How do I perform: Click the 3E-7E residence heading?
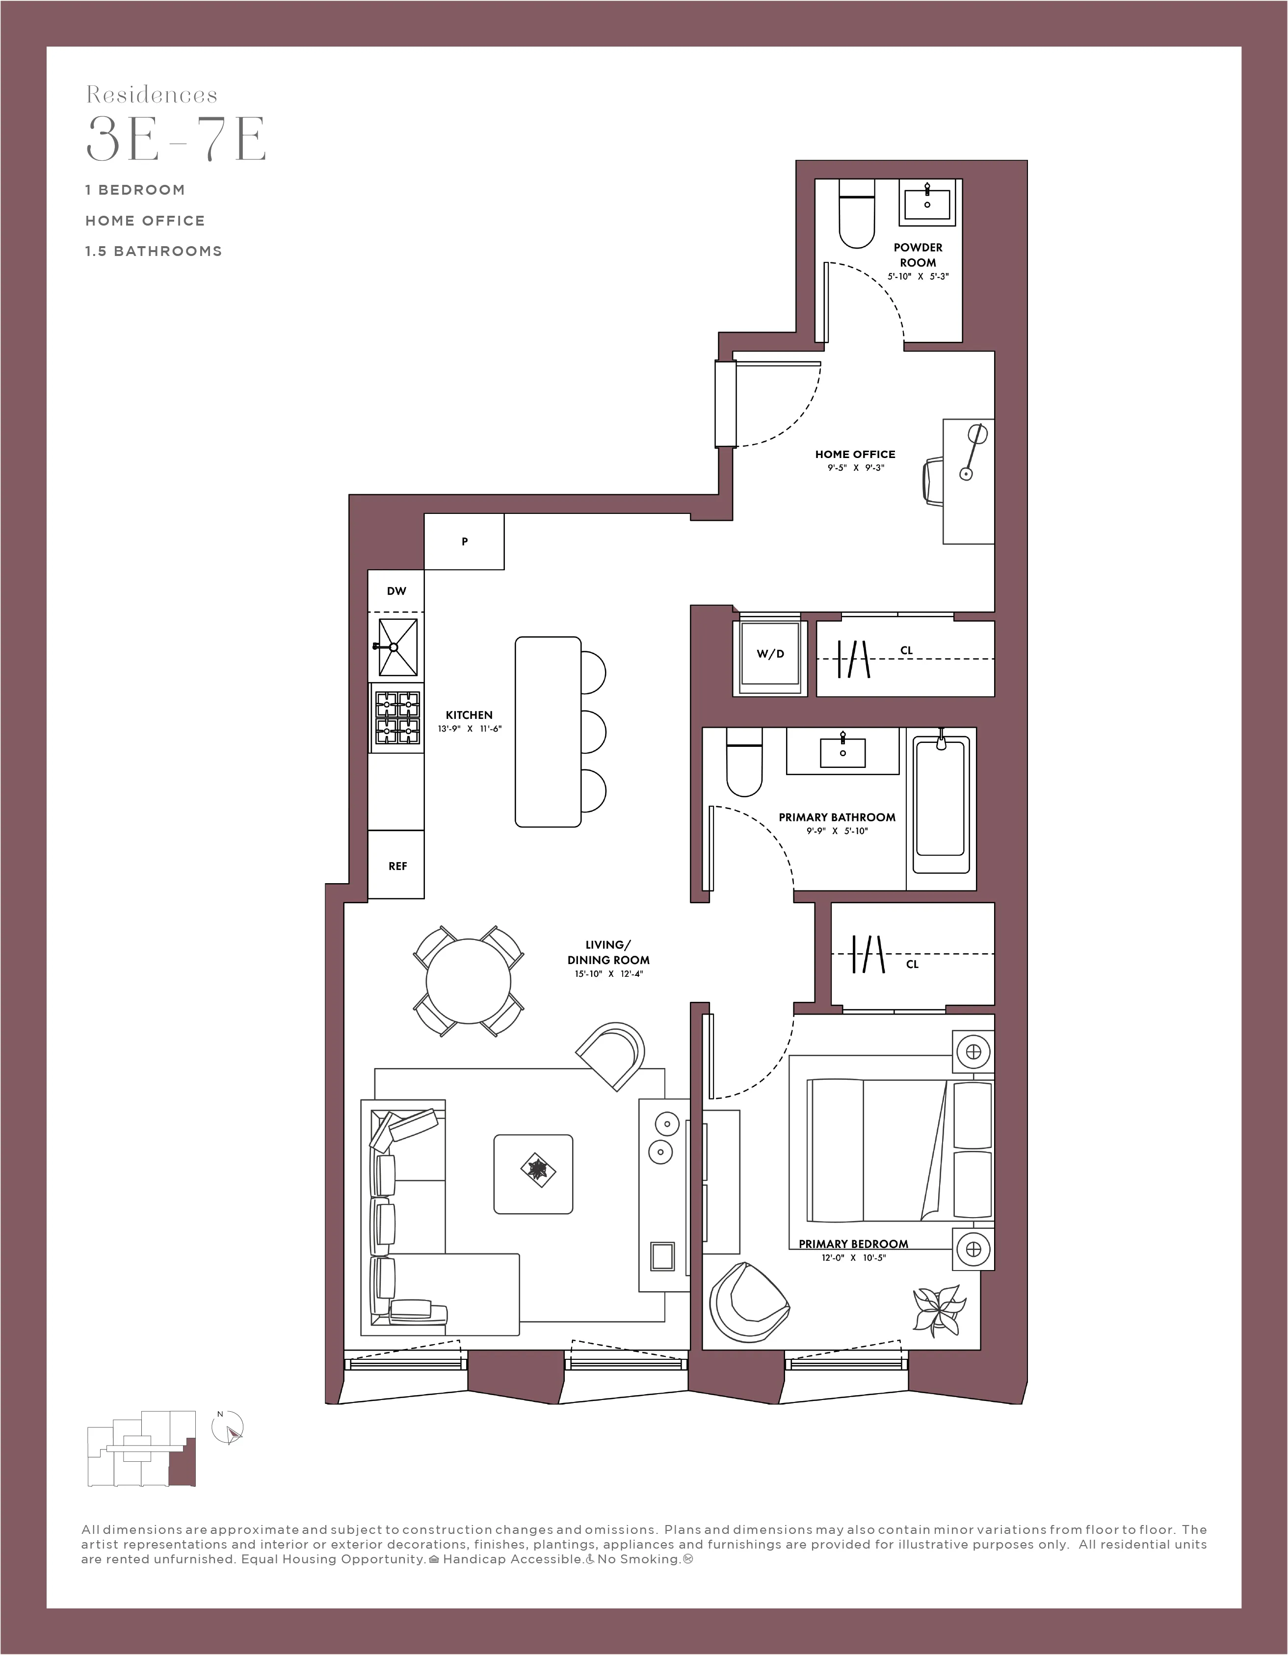tap(176, 139)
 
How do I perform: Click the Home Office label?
tap(855, 454)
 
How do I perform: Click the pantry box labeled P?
tap(464, 541)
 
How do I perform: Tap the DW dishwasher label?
tap(396, 591)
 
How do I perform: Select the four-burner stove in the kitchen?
tap(396, 717)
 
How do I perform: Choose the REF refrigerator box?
tap(396, 866)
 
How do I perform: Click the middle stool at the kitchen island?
tap(593, 731)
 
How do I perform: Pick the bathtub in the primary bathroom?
tap(941, 807)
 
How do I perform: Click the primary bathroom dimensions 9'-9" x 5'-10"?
tap(837, 831)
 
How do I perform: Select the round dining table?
tap(468, 981)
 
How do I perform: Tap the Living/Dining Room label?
tap(608, 952)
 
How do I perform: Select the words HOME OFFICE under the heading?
tap(145, 221)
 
